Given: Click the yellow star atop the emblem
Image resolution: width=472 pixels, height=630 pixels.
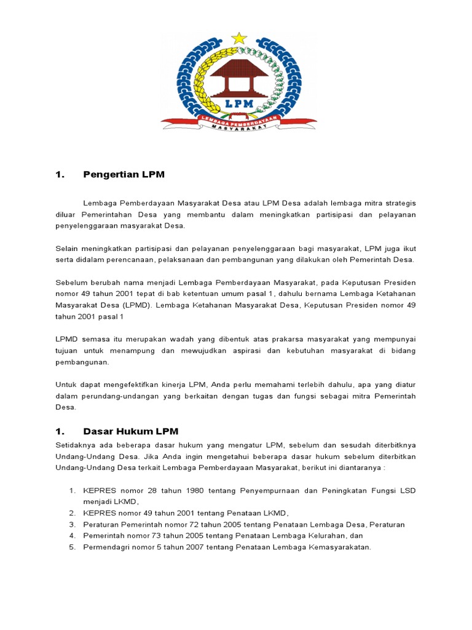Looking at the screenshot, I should coord(239,38).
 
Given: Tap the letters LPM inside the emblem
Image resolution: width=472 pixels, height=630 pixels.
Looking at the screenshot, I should coord(239,103).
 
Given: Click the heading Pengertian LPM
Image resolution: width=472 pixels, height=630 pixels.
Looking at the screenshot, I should coord(124,175).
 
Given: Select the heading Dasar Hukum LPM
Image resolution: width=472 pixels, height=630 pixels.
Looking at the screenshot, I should coord(131,431).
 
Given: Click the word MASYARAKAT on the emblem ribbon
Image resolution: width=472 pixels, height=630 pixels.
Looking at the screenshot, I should coord(239,127).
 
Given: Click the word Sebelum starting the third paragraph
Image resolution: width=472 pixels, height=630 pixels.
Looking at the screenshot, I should coord(71,282).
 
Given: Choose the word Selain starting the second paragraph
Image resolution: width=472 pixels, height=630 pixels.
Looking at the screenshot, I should coord(68,248).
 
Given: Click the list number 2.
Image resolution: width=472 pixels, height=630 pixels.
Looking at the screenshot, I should coord(71,513).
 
